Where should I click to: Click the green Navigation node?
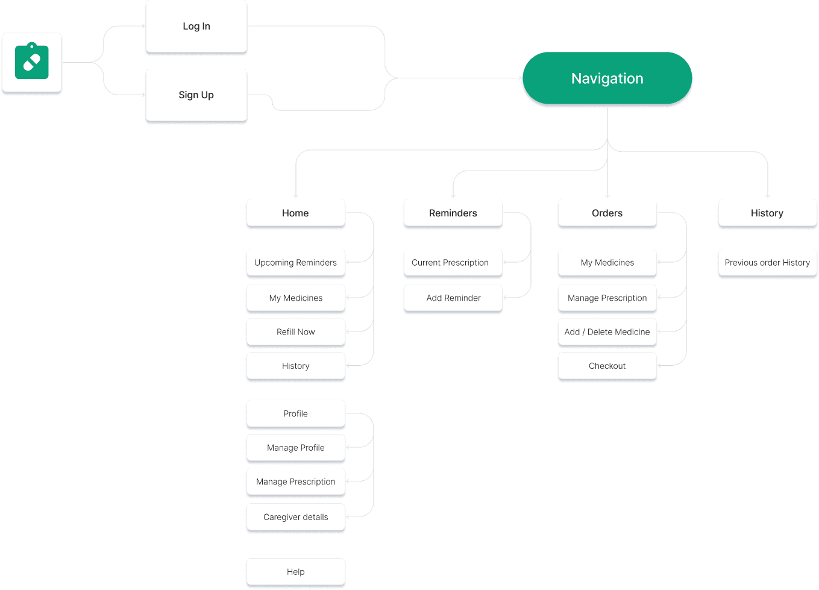(607, 78)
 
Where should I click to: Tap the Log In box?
(196, 27)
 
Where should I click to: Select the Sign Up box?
(196, 95)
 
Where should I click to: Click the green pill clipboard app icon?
(32, 61)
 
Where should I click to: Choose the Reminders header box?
(453, 213)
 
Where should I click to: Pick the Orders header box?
(607, 213)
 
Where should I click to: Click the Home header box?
(295, 213)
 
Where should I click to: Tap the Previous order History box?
(767, 263)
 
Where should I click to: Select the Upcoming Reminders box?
(295, 263)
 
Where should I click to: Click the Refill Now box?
(295, 332)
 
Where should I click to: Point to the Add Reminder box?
(453, 298)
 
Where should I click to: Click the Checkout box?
(607, 366)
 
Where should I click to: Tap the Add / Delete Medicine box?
(607, 332)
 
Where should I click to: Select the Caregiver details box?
(295, 517)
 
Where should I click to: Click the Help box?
(295, 572)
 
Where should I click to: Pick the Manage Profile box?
(295, 448)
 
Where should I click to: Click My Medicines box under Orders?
(607, 263)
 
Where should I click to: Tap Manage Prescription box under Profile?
(295, 482)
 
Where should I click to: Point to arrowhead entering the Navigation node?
(519, 78)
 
